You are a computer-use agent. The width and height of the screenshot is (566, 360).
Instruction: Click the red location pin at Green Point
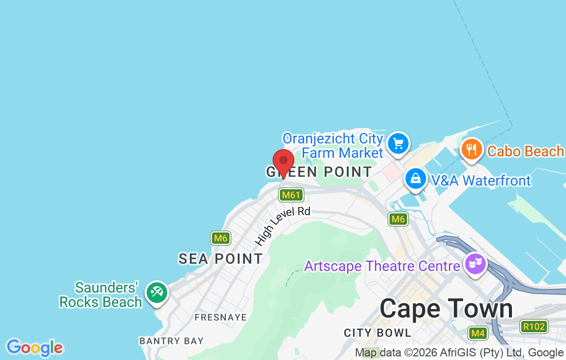click(x=283, y=162)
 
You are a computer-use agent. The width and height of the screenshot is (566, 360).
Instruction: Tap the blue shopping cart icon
click(x=398, y=143)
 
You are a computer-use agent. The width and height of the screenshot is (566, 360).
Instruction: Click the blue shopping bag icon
click(x=415, y=179)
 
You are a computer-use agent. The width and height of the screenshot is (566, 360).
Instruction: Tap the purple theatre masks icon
click(x=475, y=264)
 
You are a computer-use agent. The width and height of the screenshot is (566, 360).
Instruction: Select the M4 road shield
click(x=478, y=333)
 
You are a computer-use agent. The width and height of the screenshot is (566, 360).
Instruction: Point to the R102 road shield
click(x=534, y=326)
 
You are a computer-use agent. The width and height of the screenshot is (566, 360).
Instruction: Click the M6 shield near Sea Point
click(x=221, y=238)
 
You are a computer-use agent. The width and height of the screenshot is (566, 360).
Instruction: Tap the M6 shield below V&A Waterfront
click(x=398, y=219)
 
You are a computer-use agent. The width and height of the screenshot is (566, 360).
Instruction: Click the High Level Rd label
click(x=282, y=226)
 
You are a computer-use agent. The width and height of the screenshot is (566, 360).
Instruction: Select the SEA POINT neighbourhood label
click(x=221, y=259)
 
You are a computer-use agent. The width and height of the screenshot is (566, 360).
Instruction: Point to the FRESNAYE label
click(x=220, y=317)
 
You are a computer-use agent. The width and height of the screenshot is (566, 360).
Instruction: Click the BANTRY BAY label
click(x=171, y=340)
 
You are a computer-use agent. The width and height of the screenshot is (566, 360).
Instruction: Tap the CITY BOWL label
click(x=377, y=333)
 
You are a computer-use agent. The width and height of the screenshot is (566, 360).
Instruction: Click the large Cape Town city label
click(x=446, y=309)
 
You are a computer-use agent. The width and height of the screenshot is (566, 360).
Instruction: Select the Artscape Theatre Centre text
click(x=382, y=266)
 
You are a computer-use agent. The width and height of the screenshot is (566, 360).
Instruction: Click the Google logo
click(x=34, y=348)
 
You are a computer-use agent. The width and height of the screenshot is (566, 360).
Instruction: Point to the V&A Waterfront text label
click(x=481, y=181)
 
